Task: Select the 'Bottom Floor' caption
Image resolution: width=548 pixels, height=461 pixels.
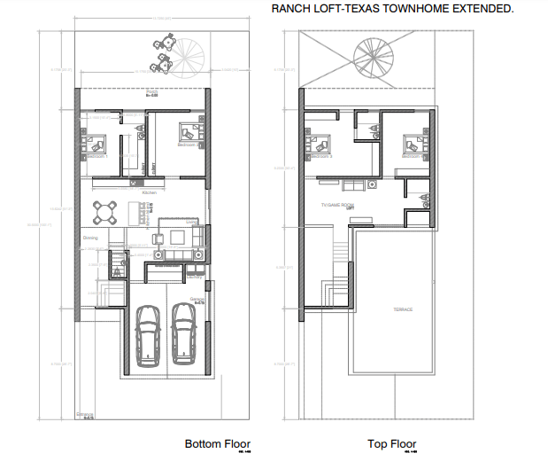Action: (217, 443)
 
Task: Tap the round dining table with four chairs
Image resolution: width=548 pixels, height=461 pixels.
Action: (106, 212)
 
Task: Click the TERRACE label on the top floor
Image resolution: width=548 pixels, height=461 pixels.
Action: (404, 309)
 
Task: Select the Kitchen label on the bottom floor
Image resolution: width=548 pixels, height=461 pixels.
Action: (150, 191)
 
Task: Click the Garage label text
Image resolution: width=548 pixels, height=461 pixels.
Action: (197, 299)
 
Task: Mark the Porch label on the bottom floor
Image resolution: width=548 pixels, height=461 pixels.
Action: (151, 91)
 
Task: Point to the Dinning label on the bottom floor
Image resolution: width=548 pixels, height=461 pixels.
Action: (90, 238)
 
